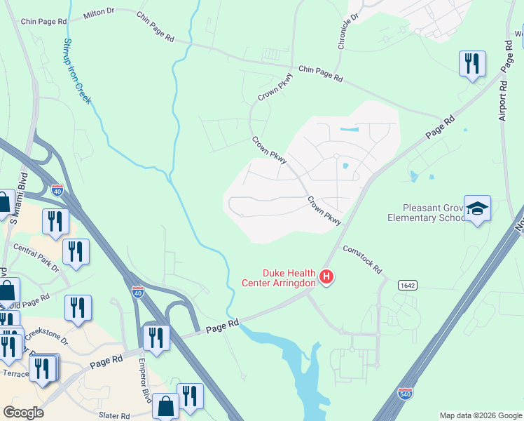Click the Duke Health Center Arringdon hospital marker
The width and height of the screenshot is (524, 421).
click(x=326, y=277)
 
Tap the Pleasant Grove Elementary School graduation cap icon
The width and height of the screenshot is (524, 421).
click(x=477, y=208)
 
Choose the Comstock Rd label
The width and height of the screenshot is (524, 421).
click(x=361, y=259)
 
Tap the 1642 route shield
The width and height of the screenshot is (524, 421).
click(x=408, y=285)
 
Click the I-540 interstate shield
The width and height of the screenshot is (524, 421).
click(x=405, y=394)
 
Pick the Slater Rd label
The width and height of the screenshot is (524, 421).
click(x=114, y=415)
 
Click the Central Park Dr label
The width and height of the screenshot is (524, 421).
click(x=36, y=257)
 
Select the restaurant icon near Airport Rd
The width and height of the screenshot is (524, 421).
click(x=472, y=64)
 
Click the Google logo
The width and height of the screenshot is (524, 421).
click(x=23, y=413)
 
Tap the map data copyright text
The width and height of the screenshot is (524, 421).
click(x=481, y=415)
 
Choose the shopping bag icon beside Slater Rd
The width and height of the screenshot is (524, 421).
click(x=165, y=406)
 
